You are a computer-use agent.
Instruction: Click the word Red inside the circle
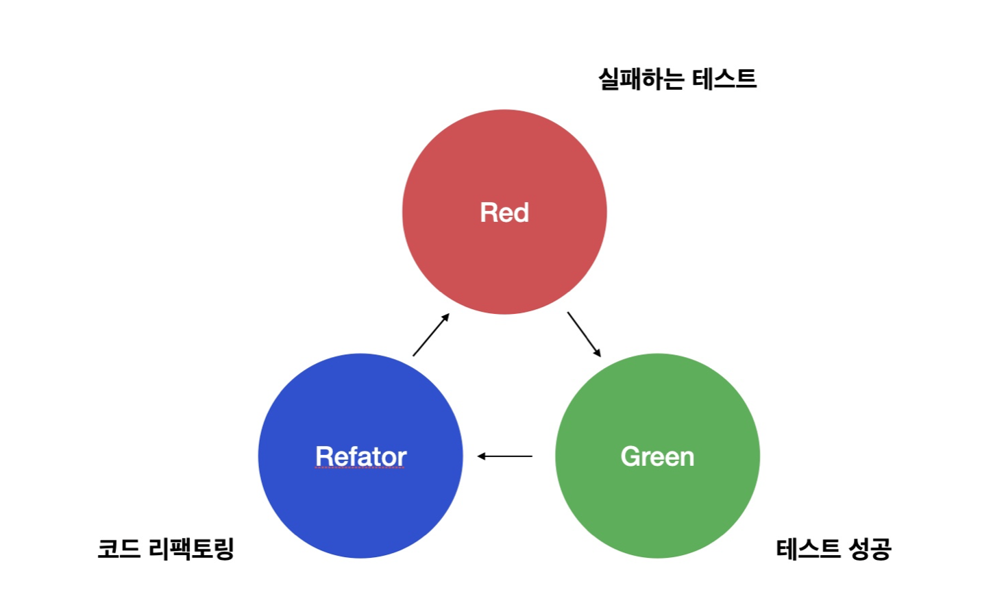click(x=504, y=212)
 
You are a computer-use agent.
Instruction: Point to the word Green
click(x=657, y=456)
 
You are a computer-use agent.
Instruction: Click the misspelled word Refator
click(x=360, y=456)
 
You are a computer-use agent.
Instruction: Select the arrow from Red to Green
click(x=584, y=334)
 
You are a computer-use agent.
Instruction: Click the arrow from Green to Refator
click(x=505, y=456)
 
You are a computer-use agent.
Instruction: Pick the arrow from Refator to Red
click(x=430, y=335)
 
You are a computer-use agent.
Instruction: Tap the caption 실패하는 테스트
click(x=677, y=79)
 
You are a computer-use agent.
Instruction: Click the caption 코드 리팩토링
click(x=166, y=549)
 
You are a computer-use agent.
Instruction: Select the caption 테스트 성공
click(x=833, y=549)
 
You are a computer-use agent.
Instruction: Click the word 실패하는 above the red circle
click(x=641, y=79)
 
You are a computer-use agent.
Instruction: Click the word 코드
click(x=119, y=549)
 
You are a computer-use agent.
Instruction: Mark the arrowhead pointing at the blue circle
click(x=482, y=456)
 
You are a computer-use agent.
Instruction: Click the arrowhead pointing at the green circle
click(x=597, y=353)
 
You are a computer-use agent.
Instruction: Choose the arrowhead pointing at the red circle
click(x=445, y=317)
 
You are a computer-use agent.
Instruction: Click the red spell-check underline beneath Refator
click(x=360, y=468)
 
